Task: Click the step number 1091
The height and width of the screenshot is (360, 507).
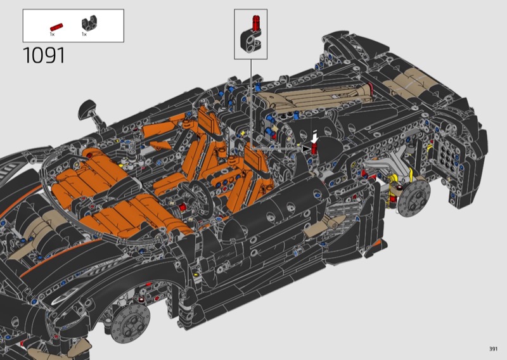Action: click(x=44, y=55)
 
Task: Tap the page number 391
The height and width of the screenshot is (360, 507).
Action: click(x=493, y=349)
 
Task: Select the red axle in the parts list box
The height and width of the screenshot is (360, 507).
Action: click(x=56, y=27)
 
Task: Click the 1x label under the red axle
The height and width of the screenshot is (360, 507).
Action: click(x=52, y=34)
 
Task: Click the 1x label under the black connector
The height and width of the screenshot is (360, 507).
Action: click(x=84, y=34)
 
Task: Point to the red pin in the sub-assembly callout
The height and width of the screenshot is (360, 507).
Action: click(x=256, y=23)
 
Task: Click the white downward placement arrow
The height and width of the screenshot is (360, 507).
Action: click(x=314, y=136)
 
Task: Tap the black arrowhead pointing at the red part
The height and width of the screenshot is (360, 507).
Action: click(x=306, y=149)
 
